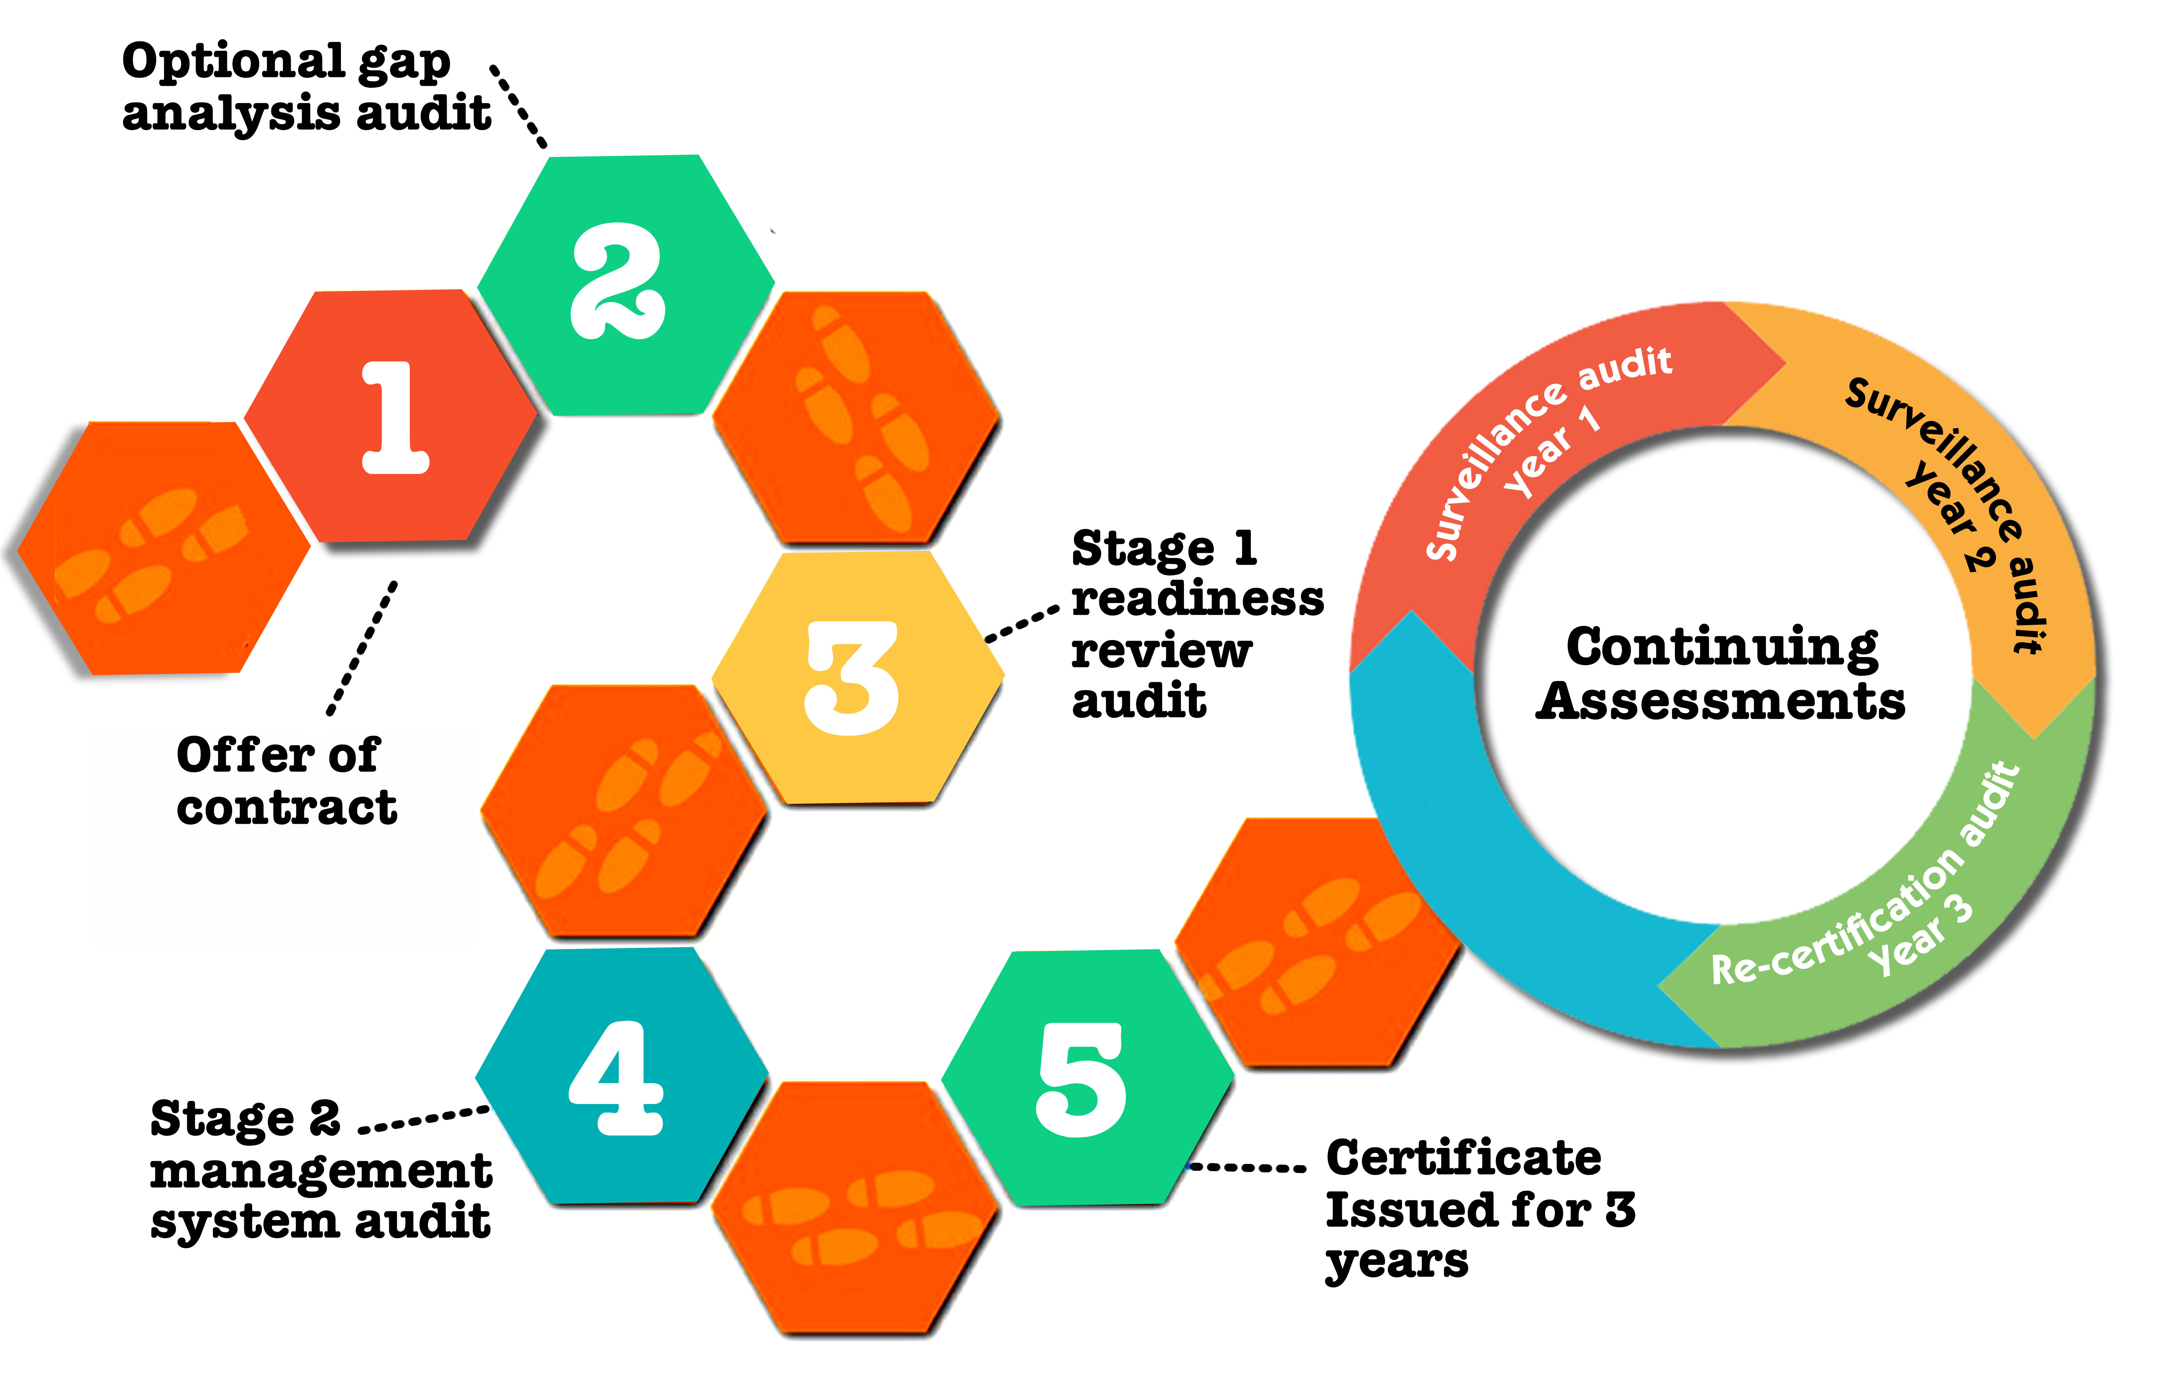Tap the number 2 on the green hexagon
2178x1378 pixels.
(619, 282)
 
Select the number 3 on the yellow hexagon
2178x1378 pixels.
(852, 678)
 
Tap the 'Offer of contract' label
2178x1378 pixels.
(286, 781)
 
